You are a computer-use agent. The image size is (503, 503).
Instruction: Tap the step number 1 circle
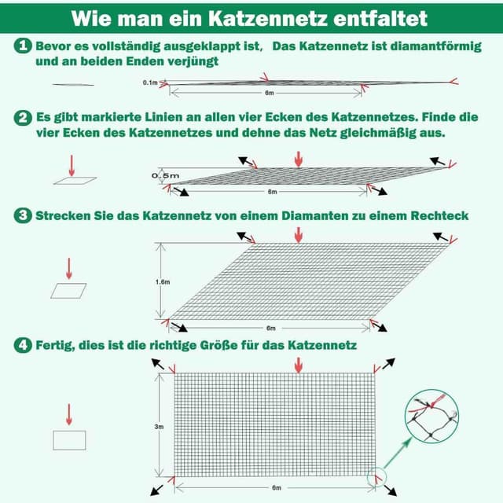tap(23, 46)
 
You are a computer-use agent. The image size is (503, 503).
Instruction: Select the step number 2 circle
tap(23, 118)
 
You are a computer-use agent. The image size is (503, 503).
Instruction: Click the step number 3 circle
tap(23, 215)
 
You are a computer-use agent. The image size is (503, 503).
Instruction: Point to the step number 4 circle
tap(23, 345)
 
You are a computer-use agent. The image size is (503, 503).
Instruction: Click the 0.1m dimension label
tap(151, 83)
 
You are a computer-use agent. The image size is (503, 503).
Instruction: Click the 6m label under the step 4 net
tap(276, 488)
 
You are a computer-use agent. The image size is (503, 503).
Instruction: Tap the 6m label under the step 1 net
tap(270, 93)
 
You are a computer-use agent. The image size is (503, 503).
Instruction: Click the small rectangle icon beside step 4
tap(68, 439)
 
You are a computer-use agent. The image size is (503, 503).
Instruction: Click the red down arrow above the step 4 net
tap(297, 365)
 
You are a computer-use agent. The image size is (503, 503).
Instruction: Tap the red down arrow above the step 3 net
tap(297, 234)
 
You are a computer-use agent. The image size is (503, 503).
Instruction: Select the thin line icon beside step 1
tap(73, 85)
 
